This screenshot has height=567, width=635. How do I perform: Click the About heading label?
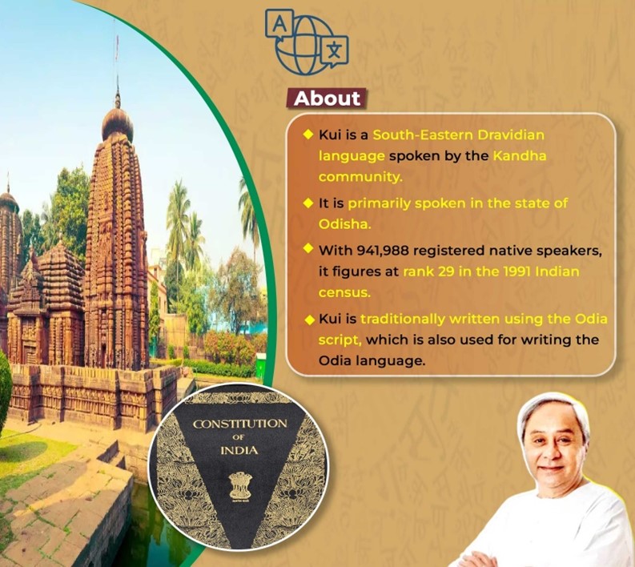click(328, 99)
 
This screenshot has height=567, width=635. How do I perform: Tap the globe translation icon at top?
click(307, 42)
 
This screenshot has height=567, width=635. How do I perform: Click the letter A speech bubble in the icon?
click(279, 24)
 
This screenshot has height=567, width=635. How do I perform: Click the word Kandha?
click(520, 155)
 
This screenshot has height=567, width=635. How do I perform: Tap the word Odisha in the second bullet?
click(344, 224)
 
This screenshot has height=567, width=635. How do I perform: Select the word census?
click(344, 292)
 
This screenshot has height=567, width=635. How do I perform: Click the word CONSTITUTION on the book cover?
click(239, 424)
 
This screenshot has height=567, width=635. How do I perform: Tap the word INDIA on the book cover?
click(239, 450)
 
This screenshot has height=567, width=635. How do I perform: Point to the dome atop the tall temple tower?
click(118, 123)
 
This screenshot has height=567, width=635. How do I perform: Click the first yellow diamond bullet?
click(308, 134)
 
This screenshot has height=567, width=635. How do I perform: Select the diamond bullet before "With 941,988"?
click(308, 247)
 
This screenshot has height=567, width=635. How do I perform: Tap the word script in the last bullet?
click(340, 340)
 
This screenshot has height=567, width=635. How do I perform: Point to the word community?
click(360, 178)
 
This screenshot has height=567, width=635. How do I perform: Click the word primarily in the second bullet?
click(379, 203)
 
